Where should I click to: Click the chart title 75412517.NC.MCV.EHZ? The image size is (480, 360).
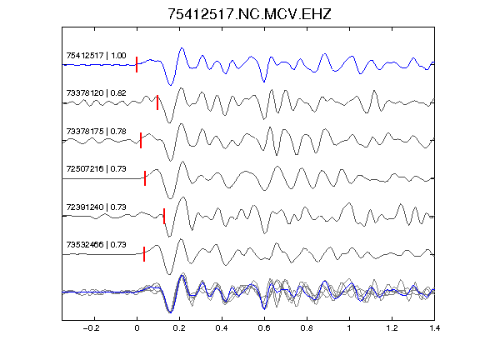coord(249,14)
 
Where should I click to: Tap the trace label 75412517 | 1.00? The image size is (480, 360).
coord(96,55)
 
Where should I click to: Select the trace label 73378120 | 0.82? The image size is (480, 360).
coord(96,93)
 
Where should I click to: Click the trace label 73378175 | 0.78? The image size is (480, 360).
coord(96,132)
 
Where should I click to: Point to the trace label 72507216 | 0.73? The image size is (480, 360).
coord(96,169)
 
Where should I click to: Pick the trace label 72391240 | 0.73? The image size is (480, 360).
coord(96,207)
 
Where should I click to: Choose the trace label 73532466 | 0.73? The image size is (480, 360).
coord(96,245)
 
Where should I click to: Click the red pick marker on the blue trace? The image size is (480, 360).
coord(137,65)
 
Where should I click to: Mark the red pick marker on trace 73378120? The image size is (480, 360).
coord(157,102)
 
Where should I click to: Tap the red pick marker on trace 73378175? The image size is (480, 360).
coord(141,141)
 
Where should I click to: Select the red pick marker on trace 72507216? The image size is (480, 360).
coord(145,178)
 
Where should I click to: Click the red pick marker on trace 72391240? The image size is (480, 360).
coord(164,216)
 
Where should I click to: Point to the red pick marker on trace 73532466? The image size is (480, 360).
coord(144,254)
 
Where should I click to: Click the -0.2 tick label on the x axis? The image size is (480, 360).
coord(91,328)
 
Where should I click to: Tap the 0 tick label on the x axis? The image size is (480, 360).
coord(137,328)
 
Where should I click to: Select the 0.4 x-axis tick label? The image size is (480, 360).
coord(222,328)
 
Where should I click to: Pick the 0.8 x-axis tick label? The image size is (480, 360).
coord(307,328)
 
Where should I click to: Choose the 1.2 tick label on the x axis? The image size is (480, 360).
coord(392,328)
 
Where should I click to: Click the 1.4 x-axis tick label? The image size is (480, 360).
coord(434,328)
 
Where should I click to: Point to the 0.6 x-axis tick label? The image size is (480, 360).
coord(264,328)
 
